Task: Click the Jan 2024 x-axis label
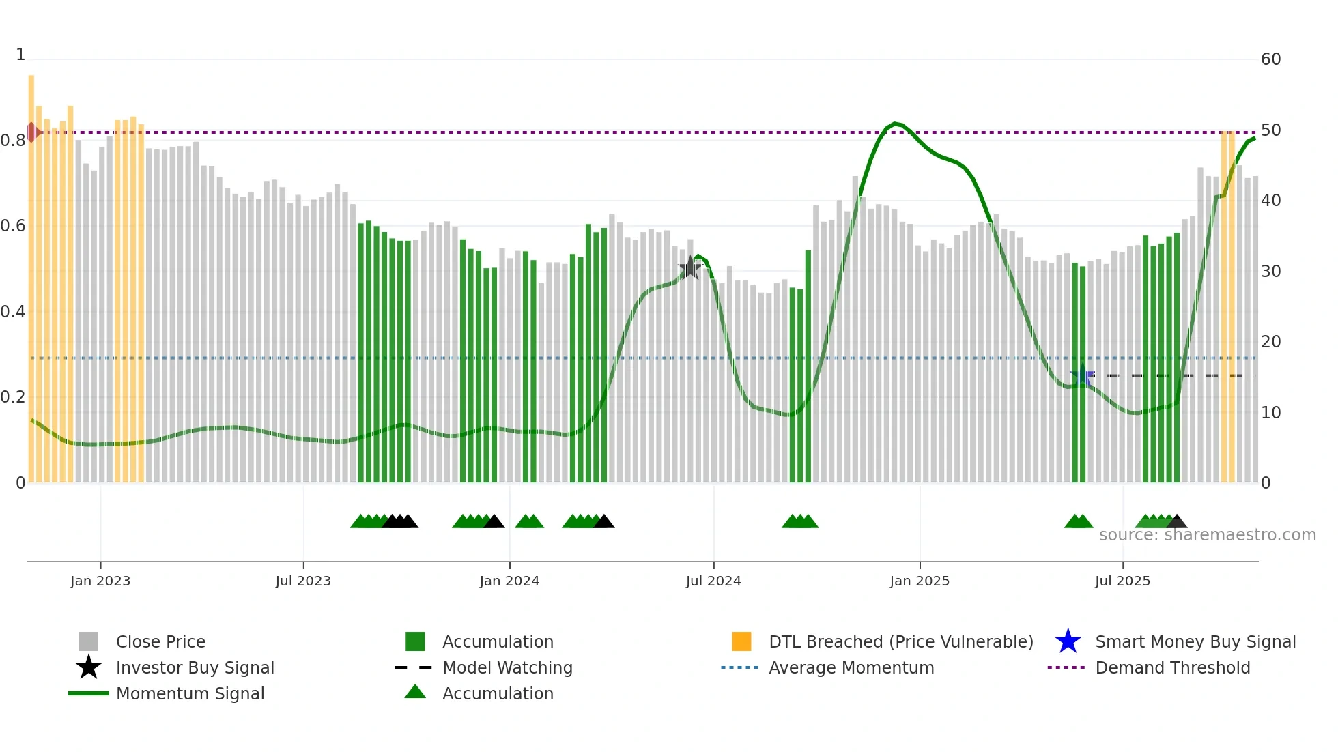pos(509,581)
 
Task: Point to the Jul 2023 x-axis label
pos(303,581)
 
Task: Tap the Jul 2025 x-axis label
pos(1122,581)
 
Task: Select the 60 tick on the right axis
pos(1270,59)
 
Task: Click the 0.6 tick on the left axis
pos(12,226)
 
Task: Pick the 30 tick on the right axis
pos(1270,272)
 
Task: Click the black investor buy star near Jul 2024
pos(690,268)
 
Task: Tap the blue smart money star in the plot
pos(1082,375)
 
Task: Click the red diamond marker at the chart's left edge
pos(32,132)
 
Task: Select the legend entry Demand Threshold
pos(1172,667)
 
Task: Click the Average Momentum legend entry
pos(851,667)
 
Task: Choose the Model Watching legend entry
pos(507,667)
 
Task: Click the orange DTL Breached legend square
pos(741,641)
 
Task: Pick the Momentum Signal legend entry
pos(190,693)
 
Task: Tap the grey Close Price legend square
pos(89,641)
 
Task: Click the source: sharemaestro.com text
pos(1207,535)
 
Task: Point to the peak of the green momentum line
pos(895,124)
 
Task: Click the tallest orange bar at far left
pos(31,273)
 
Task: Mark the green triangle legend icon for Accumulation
pos(415,692)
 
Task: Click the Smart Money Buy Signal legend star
pos(1068,641)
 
